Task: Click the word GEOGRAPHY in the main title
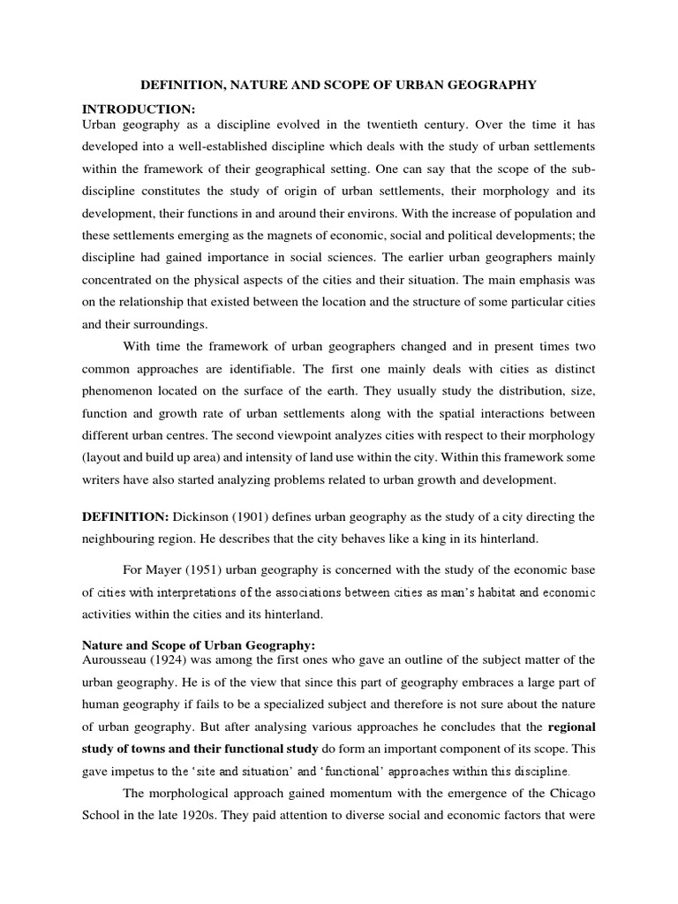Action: pos(488,85)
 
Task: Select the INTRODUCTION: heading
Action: pos(138,108)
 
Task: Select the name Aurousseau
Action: pos(117,660)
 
